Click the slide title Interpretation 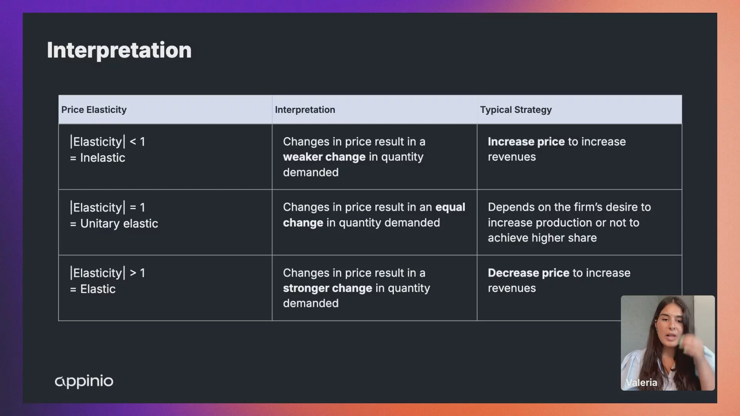[119, 50]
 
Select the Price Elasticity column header [94, 110]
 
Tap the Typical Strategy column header [516, 110]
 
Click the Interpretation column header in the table [305, 110]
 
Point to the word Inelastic [103, 158]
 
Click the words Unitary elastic [119, 224]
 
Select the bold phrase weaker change [324, 157]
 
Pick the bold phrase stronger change [328, 289]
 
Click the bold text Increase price [526, 142]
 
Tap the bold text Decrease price [528, 273]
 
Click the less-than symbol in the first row [133, 142]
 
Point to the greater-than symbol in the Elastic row [133, 273]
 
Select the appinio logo [84, 381]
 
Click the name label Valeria [641, 382]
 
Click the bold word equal [450, 208]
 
